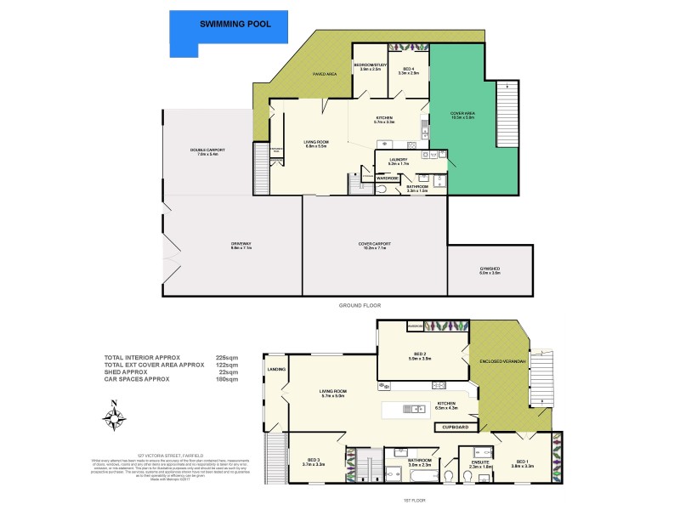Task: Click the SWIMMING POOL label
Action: click(x=235, y=24)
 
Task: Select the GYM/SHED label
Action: click(x=489, y=270)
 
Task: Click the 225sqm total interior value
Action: click(x=227, y=358)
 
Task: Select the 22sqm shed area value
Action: click(x=229, y=371)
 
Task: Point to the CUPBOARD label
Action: click(x=456, y=426)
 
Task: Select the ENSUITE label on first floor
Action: click(x=480, y=463)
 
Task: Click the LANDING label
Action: click(x=275, y=370)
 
